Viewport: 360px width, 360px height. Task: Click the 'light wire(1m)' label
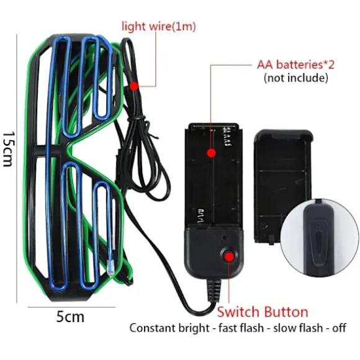click(159, 27)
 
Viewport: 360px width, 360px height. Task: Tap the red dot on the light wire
click(134, 86)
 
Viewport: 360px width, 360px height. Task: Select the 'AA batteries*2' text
click(295, 65)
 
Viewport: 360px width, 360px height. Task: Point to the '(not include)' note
click(295, 78)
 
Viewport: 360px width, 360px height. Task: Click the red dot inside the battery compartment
click(211, 153)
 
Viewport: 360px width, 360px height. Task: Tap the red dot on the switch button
click(228, 256)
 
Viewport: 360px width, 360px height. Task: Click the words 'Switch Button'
click(263, 312)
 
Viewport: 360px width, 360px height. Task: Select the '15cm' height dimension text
click(9, 149)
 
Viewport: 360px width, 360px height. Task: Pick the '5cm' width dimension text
click(70, 317)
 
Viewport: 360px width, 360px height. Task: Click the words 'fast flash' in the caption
click(241, 328)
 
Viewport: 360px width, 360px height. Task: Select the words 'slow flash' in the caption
click(298, 328)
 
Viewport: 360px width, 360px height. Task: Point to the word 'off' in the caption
click(339, 328)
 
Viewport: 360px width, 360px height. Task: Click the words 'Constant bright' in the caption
click(169, 328)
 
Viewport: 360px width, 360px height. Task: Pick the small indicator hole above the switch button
click(225, 238)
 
